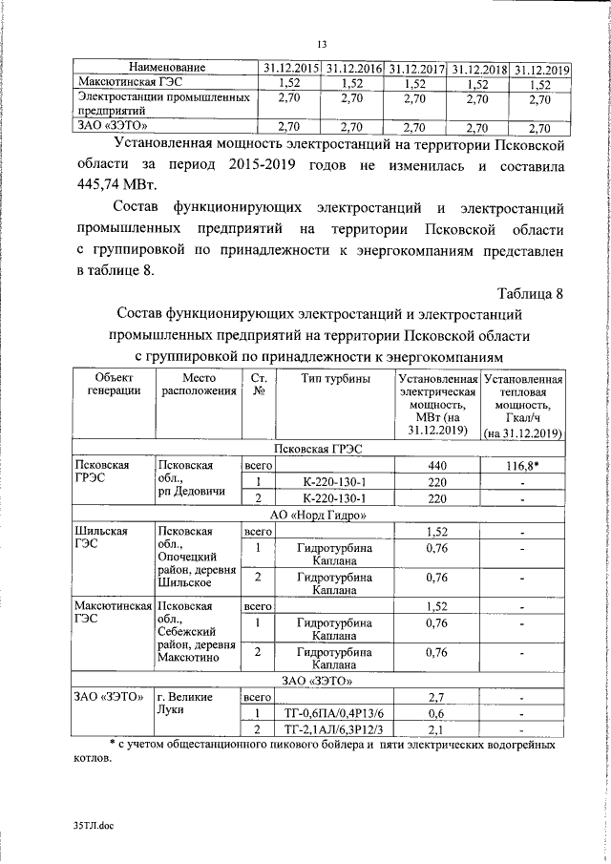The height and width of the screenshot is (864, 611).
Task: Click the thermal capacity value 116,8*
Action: (x=522, y=464)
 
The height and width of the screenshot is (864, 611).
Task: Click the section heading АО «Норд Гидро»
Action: (x=319, y=516)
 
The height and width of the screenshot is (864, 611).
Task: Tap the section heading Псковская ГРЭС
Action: (x=319, y=449)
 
